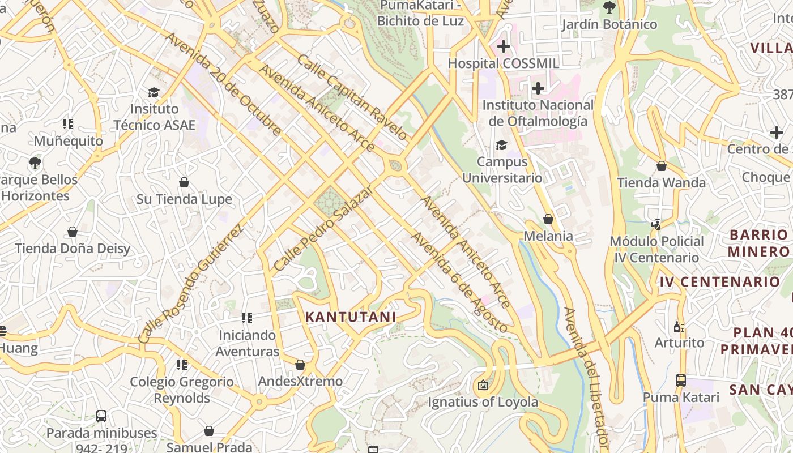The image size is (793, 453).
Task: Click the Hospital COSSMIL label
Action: click(x=503, y=63)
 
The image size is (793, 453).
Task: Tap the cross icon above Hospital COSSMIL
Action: click(x=503, y=46)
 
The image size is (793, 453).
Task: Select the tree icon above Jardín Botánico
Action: click(x=609, y=7)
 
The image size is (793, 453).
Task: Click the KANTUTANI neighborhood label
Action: click(x=351, y=317)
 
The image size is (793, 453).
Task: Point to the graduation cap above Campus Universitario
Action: click(x=501, y=146)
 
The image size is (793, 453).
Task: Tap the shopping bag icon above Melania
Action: click(x=548, y=219)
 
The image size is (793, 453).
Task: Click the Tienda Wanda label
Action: click(x=661, y=183)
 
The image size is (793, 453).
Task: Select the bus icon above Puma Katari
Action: click(x=681, y=381)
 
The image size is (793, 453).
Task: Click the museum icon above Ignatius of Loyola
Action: click(x=483, y=385)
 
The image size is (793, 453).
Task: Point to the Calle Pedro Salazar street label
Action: click(x=323, y=228)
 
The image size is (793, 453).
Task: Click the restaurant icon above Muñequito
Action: click(x=68, y=123)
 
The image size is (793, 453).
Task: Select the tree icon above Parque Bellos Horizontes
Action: click(x=35, y=163)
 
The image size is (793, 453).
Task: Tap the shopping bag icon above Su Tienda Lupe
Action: click(x=184, y=182)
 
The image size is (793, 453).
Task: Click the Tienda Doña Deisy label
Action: click(x=73, y=249)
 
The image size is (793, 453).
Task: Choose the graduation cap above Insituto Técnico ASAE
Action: click(x=154, y=92)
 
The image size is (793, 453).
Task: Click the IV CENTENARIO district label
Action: click(x=719, y=281)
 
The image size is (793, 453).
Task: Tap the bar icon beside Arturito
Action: click(x=679, y=327)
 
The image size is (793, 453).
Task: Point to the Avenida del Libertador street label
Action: click(x=586, y=379)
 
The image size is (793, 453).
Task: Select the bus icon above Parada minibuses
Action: click(x=101, y=416)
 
